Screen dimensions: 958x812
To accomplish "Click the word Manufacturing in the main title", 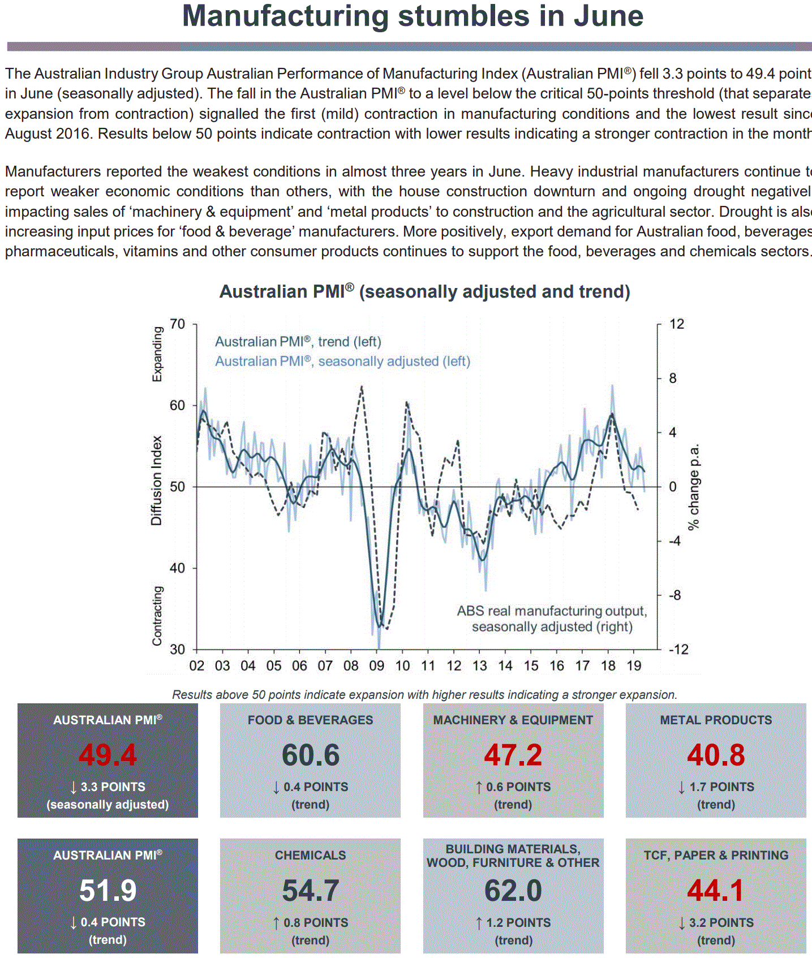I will click(x=285, y=16).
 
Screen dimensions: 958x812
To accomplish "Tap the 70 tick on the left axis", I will click(x=177, y=324).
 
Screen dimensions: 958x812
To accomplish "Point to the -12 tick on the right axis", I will click(x=678, y=650).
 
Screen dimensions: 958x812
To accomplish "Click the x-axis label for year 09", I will click(x=376, y=665).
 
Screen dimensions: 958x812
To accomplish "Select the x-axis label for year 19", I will click(x=634, y=665).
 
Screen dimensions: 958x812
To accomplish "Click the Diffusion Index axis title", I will click(x=157, y=480).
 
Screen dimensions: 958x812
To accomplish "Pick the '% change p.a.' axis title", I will click(x=693, y=487).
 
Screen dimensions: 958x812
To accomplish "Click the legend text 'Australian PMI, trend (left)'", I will click(x=298, y=342).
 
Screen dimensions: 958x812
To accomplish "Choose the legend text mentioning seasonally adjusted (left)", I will click(x=342, y=362).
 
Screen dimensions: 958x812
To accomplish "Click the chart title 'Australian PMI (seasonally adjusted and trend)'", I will click(x=424, y=291).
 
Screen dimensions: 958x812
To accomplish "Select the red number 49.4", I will click(x=108, y=755).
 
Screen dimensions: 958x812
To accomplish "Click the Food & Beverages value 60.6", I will click(x=311, y=755).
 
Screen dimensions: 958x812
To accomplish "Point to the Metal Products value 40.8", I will click(x=716, y=755).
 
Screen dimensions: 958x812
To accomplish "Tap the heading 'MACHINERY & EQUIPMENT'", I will click(x=513, y=720).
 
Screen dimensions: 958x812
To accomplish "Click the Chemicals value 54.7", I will click(x=311, y=891).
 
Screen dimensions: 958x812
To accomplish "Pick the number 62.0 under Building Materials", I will click(x=513, y=891).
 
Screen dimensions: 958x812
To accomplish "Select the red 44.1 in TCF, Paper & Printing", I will click(x=716, y=891).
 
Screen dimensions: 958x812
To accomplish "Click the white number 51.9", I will click(x=108, y=891).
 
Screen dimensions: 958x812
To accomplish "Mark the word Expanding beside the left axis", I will click(x=157, y=354).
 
